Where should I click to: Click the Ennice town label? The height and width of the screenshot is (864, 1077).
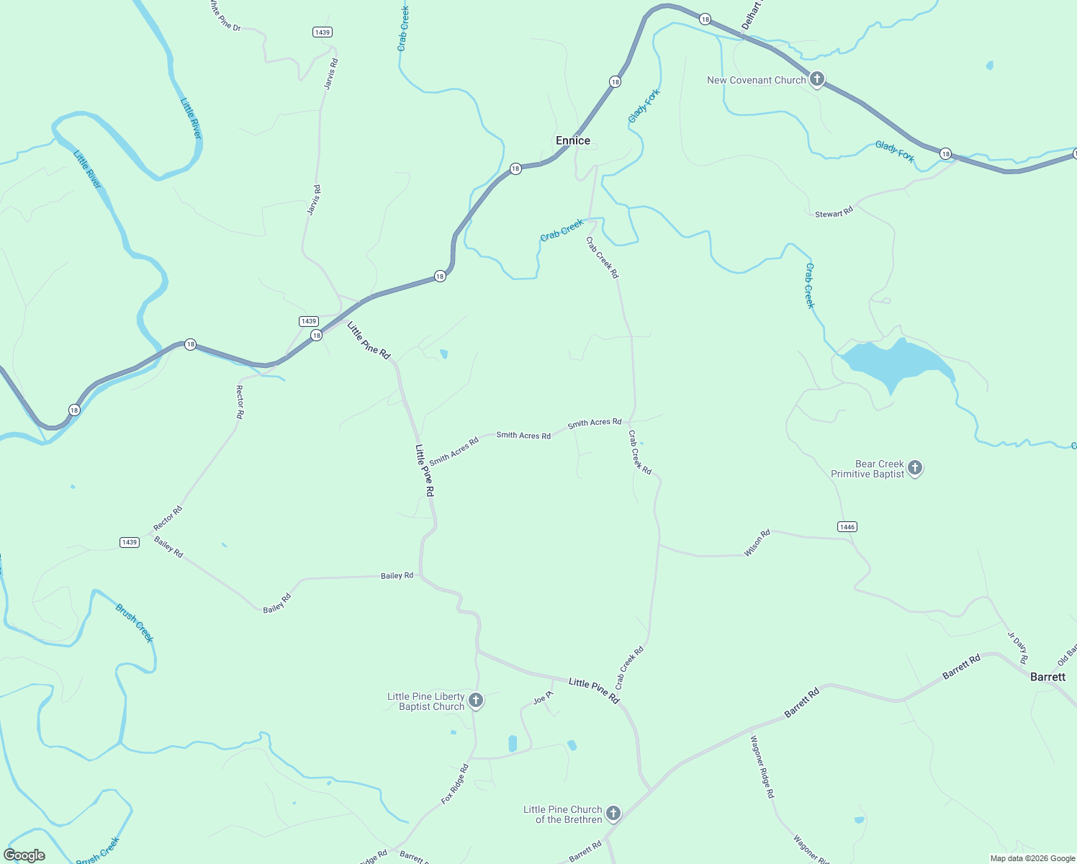(x=572, y=140)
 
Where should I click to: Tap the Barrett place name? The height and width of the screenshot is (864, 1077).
(x=1047, y=677)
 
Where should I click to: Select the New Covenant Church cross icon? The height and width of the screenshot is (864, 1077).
(x=816, y=79)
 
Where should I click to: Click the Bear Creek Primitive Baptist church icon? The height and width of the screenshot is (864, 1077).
(x=914, y=468)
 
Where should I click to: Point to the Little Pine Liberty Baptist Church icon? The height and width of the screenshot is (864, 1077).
(x=475, y=700)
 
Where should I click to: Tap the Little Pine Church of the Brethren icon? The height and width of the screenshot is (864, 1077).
(x=613, y=814)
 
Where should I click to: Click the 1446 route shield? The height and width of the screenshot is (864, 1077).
(x=847, y=527)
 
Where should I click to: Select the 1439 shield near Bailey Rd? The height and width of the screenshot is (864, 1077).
(x=129, y=542)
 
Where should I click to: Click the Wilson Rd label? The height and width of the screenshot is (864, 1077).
(x=757, y=543)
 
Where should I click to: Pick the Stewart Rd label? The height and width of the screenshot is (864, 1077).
(x=834, y=212)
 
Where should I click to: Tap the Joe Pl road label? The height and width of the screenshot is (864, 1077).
(x=543, y=698)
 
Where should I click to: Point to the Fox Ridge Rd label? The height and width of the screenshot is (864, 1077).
(x=455, y=783)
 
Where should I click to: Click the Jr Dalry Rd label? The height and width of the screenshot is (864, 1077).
(x=1017, y=647)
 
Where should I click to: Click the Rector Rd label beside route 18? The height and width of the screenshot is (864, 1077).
(x=240, y=402)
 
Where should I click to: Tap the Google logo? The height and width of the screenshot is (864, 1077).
(x=24, y=855)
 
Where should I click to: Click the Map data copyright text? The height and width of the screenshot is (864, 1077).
(x=1032, y=858)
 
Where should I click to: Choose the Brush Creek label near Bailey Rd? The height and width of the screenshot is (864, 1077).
(x=135, y=623)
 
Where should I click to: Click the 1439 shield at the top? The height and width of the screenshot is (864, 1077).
(x=322, y=32)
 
